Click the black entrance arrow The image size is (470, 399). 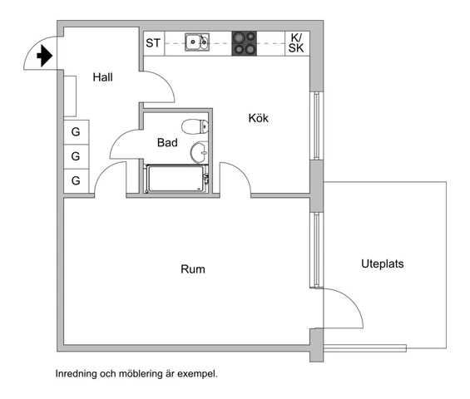[x=45, y=56]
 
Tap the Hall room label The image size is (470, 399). [x=103, y=77]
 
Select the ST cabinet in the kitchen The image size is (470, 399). [x=154, y=43]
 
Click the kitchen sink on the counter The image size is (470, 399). [x=197, y=42]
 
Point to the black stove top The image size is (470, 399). [x=245, y=43]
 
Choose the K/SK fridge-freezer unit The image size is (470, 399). [x=297, y=43]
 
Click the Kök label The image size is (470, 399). [x=259, y=118]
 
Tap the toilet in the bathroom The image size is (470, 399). [x=195, y=126]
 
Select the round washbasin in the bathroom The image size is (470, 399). [x=199, y=152]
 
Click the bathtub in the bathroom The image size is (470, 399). [x=176, y=179]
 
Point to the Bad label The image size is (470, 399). [x=167, y=143]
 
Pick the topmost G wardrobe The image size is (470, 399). [x=77, y=132]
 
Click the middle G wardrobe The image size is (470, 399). [x=77, y=156]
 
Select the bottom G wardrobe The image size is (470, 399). [x=77, y=180]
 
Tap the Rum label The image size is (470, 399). [x=193, y=269]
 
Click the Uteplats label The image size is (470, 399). [x=383, y=264]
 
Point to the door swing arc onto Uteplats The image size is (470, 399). [x=353, y=299]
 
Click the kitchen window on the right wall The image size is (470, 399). [x=317, y=126]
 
